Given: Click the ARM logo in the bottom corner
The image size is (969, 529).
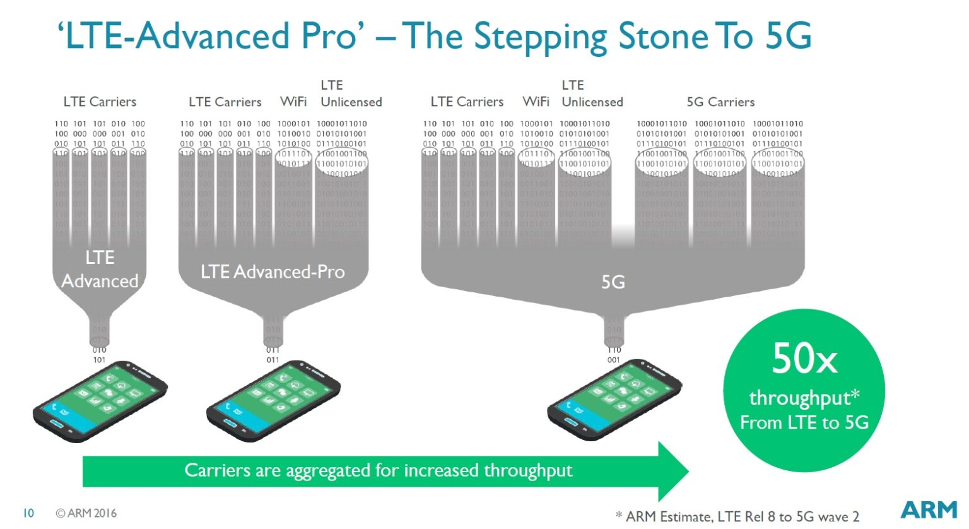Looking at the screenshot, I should click(929, 509).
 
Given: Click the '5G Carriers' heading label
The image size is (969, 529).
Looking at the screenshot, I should click(720, 102).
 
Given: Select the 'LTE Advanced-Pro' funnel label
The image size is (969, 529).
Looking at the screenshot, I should click(273, 272).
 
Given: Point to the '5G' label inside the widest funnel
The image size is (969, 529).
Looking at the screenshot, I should click(613, 282).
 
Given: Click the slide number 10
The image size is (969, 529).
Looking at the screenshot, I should click(28, 513).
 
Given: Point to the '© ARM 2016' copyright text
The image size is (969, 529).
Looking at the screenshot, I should click(86, 513).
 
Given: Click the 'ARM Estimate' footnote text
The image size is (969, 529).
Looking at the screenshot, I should click(670, 516).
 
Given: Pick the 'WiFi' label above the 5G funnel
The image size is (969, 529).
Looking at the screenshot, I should click(536, 102).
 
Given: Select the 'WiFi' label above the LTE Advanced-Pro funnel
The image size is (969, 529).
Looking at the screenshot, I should click(293, 102).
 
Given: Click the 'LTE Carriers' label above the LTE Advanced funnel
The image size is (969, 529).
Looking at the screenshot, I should click(100, 102).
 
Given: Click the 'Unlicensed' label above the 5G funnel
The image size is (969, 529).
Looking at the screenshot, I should click(592, 102).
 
